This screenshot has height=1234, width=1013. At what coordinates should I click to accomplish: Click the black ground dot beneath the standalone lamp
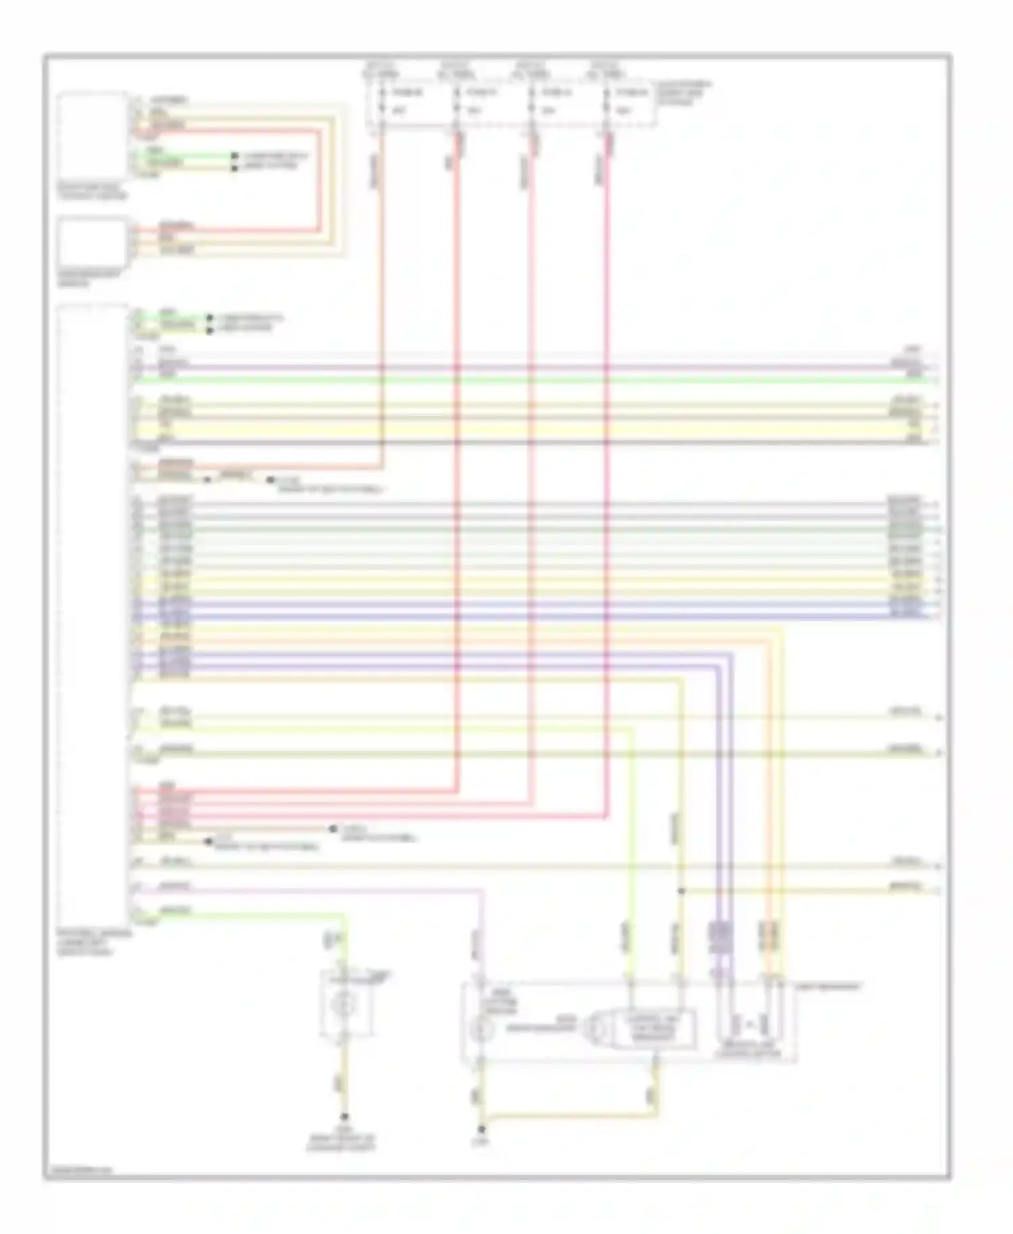[x=344, y=1117]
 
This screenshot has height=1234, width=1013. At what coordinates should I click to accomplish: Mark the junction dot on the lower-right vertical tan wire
[x=681, y=891]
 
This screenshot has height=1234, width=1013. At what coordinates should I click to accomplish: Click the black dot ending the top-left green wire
[x=234, y=156]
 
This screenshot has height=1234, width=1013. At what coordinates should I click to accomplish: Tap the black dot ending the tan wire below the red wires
[x=332, y=828]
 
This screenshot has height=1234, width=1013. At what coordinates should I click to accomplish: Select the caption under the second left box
[x=90, y=278]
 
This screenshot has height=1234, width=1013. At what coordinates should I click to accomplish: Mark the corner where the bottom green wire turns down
[x=345, y=915]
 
